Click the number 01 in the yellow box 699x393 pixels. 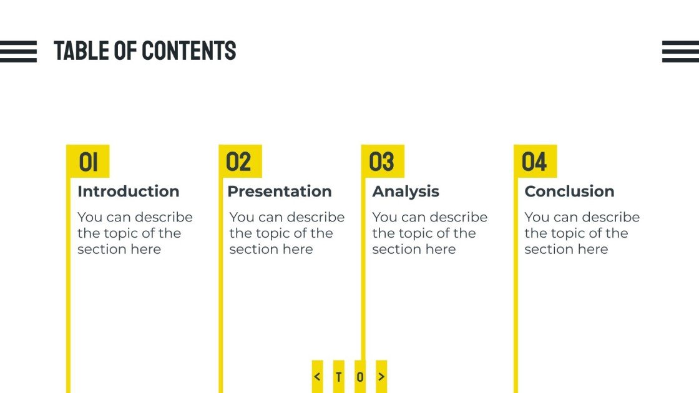tap(88, 162)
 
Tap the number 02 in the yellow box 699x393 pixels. tap(238, 162)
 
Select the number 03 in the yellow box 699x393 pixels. tap(381, 162)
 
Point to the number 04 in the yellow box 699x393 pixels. tap(534, 162)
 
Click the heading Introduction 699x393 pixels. tap(128, 192)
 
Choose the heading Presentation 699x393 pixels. tap(280, 192)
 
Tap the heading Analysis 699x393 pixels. tap(406, 192)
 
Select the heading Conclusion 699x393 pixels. tap(569, 192)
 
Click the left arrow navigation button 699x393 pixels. tap(318, 377)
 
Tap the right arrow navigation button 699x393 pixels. tap(381, 377)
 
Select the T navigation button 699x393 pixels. tap(339, 377)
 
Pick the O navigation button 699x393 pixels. tap(360, 377)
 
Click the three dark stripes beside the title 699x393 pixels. tap(18, 51)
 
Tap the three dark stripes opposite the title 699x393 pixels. tap(680, 51)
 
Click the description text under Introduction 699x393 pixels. tap(135, 233)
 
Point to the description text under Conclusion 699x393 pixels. tap(582, 233)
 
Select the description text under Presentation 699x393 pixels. tap(286, 233)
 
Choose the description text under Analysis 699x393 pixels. tap(429, 233)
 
